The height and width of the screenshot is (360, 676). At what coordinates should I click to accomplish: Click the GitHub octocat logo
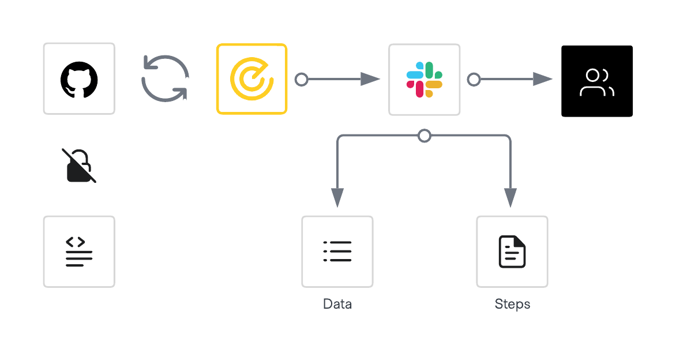tap(79, 79)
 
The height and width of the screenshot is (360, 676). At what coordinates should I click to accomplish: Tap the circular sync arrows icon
tap(165, 78)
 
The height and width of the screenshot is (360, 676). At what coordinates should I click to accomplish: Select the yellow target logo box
tap(251, 79)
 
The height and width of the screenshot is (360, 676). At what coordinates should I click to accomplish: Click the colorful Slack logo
tap(424, 79)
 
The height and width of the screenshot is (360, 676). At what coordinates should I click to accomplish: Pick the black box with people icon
tap(597, 81)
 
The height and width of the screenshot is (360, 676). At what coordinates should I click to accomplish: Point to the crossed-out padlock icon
tap(79, 166)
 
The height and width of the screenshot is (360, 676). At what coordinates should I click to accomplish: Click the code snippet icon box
tap(79, 252)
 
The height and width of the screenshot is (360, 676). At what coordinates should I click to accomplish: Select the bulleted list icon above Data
tap(337, 252)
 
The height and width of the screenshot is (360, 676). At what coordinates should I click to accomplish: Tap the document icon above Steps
tap(512, 252)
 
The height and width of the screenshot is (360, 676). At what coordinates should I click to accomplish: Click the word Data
tap(337, 304)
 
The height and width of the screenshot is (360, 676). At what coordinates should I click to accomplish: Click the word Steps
tap(512, 304)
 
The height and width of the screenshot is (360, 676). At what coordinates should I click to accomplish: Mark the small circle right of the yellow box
tap(301, 79)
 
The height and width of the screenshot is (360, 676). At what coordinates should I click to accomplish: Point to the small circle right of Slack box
tap(474, 79)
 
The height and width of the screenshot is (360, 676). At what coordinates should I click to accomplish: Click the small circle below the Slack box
tap(424, 136)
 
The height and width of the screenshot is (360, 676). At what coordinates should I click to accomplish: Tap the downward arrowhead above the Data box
tap(337, 197)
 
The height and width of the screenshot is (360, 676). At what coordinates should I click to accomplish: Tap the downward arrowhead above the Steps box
tap(510, 197)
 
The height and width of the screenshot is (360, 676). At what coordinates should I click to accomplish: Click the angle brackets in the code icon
tap(76, 242)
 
